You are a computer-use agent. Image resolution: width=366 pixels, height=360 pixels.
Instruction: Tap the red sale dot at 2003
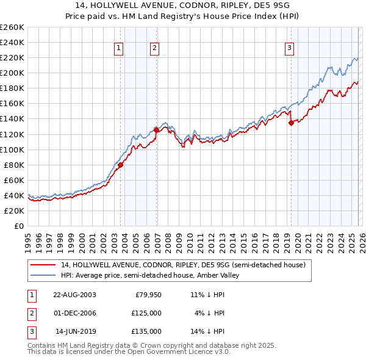pos(121,165)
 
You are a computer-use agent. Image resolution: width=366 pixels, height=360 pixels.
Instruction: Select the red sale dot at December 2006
pos(157,130)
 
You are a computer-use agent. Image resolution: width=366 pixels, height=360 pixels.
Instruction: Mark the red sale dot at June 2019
pos(291,123)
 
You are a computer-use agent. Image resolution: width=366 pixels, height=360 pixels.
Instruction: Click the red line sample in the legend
pos(43,265)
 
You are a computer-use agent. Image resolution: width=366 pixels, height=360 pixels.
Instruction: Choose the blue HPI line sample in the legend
pos(43,275)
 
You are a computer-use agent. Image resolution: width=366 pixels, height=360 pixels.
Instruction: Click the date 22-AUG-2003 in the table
pos(74,295)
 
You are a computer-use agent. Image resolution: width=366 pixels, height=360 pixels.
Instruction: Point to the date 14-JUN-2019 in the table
pos(76,331)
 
